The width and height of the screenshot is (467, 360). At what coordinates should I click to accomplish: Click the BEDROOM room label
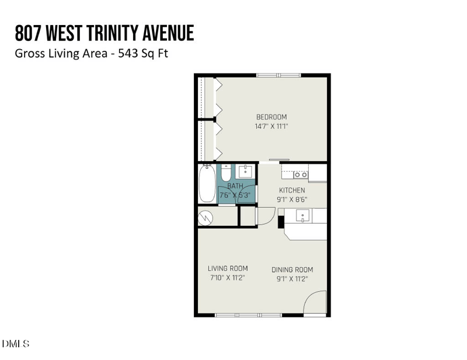[x=271, y=117]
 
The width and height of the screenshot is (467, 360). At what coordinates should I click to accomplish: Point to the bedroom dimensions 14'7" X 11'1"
[x=271, y=126]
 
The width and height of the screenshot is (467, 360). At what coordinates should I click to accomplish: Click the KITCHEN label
[x=292, y=190]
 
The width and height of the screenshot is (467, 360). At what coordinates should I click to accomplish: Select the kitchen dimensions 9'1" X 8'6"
[x=292, y=200]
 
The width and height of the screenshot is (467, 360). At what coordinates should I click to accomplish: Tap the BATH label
[x=235, y=186]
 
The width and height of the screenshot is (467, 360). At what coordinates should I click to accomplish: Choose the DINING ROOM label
[x=292, y=270]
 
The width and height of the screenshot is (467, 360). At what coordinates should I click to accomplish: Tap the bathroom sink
[x=245, y=171]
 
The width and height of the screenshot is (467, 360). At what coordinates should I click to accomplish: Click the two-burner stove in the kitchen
[x=301, y=174]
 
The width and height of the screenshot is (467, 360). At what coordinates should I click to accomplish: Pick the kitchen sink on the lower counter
[x=303, y=216]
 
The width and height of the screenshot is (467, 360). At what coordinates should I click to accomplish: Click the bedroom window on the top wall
[x=278, y=75]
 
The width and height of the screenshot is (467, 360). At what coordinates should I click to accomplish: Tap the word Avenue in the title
[x=166, y=33]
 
